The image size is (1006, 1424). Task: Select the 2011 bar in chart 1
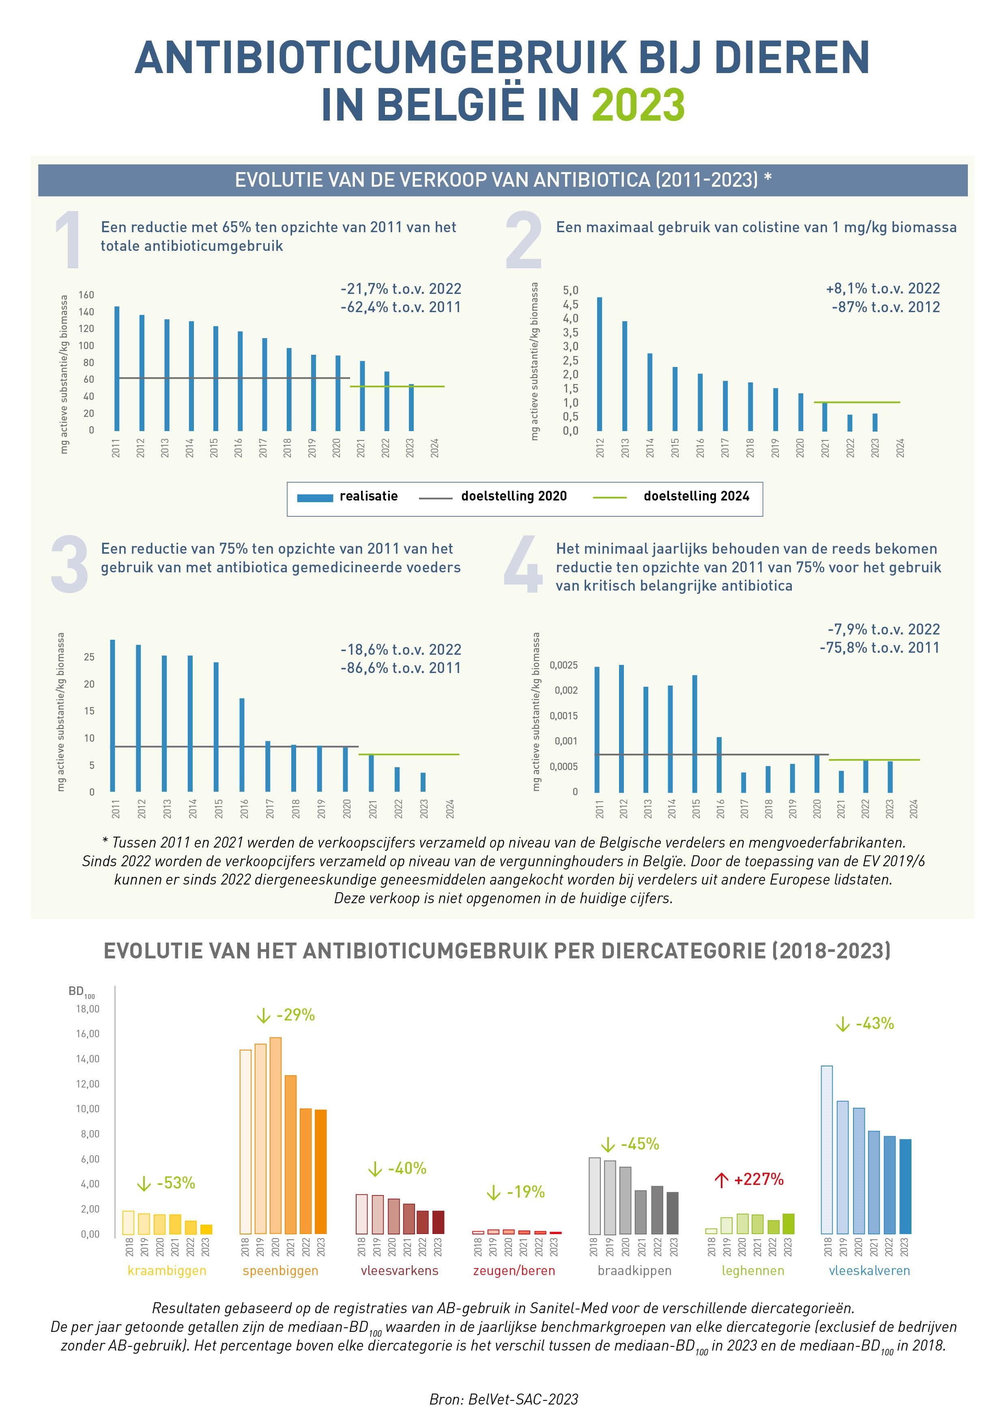(116, 369)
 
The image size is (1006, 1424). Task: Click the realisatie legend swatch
(315, 497)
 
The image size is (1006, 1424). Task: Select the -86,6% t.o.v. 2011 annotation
(400, 668)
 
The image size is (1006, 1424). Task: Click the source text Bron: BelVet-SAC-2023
(503, 1399)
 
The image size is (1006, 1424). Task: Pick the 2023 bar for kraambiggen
(206, 1229)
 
